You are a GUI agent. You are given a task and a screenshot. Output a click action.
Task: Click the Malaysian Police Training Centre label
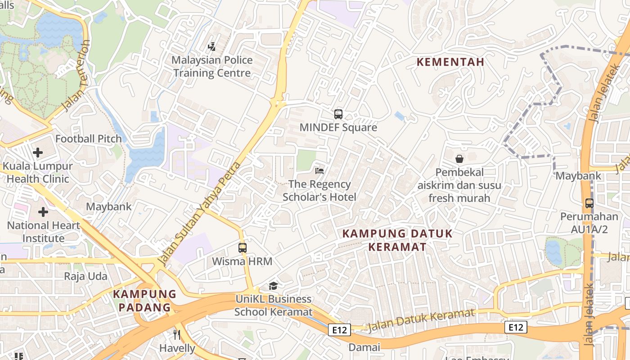pos(212,67)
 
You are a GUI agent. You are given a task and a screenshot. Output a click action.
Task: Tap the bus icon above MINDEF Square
pos(338,114)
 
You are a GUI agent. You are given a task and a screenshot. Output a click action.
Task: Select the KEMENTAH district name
pos(450,62)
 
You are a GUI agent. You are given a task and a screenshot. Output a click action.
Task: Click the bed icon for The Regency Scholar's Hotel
pos(319,171)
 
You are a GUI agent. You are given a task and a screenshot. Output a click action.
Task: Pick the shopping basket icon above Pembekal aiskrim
pos(459,159)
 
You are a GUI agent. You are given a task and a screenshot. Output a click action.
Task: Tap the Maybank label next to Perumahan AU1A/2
pos(578,175)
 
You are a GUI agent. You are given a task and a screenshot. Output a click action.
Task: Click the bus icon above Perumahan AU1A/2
pos(589,203)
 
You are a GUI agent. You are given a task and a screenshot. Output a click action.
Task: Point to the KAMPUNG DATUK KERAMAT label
pos(397,240)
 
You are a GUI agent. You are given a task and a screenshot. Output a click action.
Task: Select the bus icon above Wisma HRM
pos(242,247)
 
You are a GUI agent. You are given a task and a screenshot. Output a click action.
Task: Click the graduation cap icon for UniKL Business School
pos(273,286)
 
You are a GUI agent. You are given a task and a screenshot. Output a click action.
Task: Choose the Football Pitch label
pos(89,139)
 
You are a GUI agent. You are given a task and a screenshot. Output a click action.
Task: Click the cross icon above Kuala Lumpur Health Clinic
pos(38,153)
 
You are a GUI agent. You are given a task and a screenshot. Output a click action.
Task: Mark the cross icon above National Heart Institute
pos(43,211)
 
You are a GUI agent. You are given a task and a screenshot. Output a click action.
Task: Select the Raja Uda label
pos(85,276)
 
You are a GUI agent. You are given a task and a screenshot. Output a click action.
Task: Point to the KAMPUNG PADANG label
pos(144,301)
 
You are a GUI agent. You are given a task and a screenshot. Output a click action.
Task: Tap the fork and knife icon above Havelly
pos(177,335)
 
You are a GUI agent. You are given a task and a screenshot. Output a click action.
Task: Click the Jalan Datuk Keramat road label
pos(421,321)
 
